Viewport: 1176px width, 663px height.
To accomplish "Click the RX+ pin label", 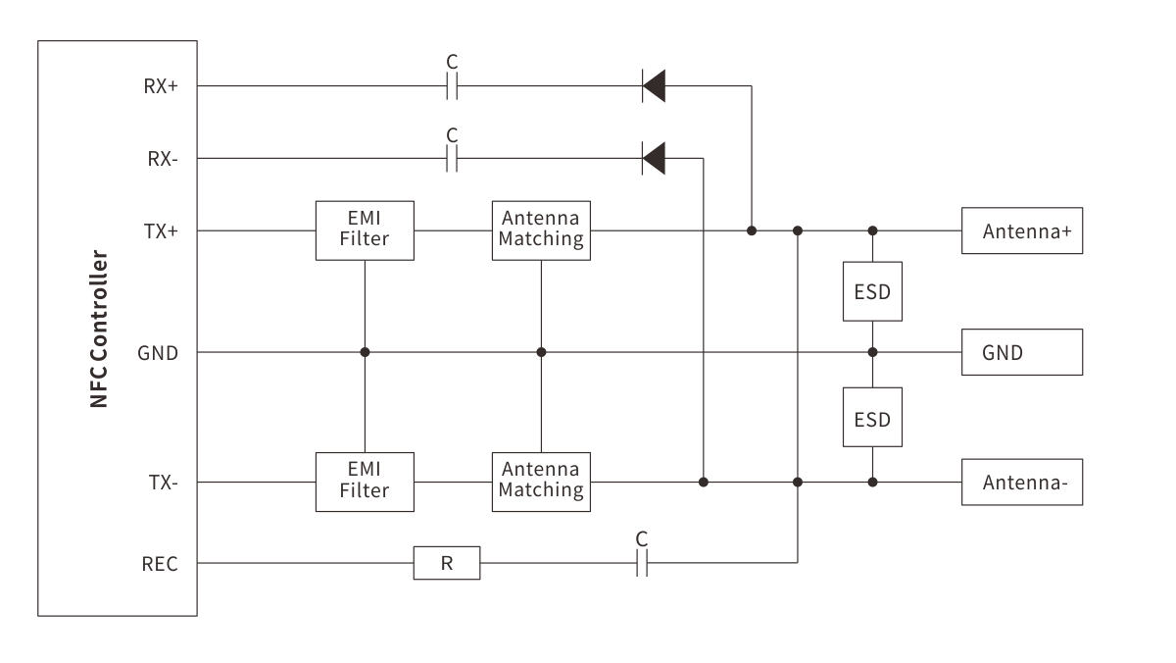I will click(161, 86).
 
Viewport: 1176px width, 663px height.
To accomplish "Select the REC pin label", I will click(160, 564).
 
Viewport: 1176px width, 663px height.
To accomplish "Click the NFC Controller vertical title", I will click(99, 329).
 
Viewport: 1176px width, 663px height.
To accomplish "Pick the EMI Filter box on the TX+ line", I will click(365, 230).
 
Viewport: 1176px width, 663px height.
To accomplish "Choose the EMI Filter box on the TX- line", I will click(365, 482).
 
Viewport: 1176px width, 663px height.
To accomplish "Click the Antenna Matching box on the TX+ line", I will click(541, 230).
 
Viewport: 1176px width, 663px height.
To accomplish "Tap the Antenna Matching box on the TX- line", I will click(541, 482).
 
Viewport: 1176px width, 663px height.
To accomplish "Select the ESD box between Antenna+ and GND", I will click(872, 291).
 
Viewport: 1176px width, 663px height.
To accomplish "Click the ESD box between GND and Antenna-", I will click(872, 418).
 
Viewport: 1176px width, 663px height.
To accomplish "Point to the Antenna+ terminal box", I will click(1022, 231).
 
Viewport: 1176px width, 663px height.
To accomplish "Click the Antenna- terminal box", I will click(1022, 482).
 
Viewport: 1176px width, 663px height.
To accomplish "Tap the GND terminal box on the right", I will click(1022, 352).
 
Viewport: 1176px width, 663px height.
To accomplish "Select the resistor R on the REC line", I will click(447, 564).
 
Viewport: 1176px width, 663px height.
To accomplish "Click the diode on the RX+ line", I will click(654, 86).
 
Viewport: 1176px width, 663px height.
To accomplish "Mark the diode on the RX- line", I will click(654, 158).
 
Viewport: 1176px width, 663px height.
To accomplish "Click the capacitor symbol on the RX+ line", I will click(452, 86).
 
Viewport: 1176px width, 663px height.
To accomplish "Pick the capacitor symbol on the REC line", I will click(642, 564).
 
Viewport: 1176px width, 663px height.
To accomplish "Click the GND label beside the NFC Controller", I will click(158, 352).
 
